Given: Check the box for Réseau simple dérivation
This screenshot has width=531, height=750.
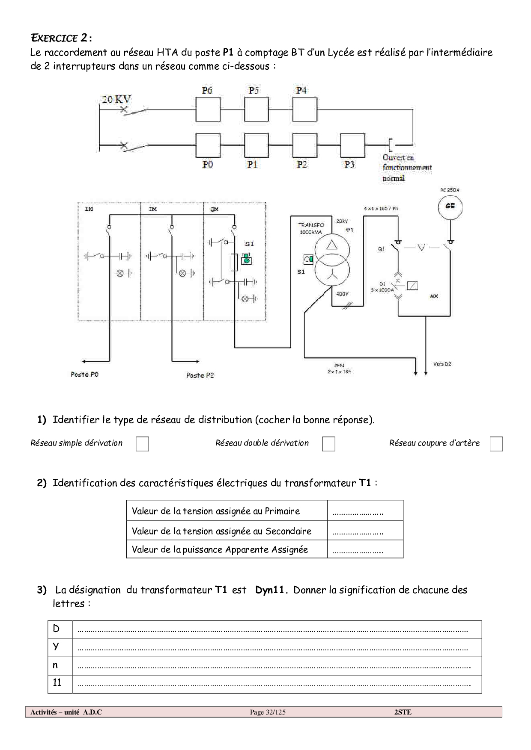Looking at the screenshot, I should coord(142,444).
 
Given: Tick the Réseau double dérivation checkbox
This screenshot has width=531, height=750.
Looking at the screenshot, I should coord(328,444).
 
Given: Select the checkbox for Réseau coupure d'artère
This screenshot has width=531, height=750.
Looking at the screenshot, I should coord(496,444).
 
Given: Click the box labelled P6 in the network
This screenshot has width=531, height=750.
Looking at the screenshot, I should coord(208,109).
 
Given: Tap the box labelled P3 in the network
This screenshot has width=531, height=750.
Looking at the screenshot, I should coord(353,145).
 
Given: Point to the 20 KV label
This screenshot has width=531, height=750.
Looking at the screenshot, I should coord(116,100).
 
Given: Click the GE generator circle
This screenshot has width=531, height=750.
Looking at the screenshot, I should coord(450,206).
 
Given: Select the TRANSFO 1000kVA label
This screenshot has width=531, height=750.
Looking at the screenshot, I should coord(311,228).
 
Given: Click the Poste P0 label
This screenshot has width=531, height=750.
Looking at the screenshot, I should coord(84,375).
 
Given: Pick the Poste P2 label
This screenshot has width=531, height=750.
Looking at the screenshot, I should coord(200,375).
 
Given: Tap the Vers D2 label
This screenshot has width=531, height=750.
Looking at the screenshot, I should coord(442,364).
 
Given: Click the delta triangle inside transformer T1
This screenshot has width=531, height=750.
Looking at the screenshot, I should coord(332,245).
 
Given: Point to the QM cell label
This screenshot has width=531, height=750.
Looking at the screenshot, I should coord(215,209).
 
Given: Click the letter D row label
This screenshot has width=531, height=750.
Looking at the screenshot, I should coord(57,629).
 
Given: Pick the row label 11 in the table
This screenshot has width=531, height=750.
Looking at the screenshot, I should coord(57,683).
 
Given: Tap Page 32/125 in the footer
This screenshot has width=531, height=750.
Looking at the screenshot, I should coord(268,712).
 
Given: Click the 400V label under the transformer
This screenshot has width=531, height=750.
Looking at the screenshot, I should coord(342,294).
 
